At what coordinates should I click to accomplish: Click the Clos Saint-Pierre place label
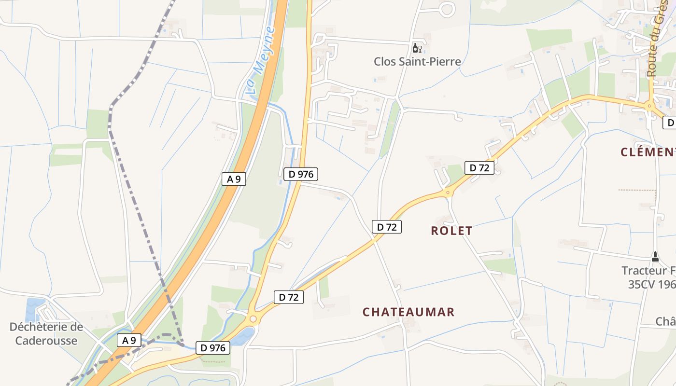417,62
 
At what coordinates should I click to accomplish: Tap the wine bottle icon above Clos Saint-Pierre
416,48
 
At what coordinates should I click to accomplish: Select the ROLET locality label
451,231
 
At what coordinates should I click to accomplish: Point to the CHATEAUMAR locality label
408,312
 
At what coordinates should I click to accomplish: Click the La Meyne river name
261,60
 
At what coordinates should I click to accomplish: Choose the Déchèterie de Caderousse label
46,333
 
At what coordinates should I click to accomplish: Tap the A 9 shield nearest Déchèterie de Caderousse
129,340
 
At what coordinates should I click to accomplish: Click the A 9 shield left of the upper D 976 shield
234,179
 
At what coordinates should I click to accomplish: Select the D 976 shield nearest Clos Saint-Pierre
301,174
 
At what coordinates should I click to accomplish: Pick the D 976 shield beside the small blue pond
213,347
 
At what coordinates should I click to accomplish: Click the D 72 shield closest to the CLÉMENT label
479,167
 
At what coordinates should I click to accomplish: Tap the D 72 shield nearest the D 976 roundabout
289,297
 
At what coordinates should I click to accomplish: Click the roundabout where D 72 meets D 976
252,319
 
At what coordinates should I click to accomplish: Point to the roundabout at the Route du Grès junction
649,106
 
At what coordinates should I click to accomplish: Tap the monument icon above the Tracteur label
655,256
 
